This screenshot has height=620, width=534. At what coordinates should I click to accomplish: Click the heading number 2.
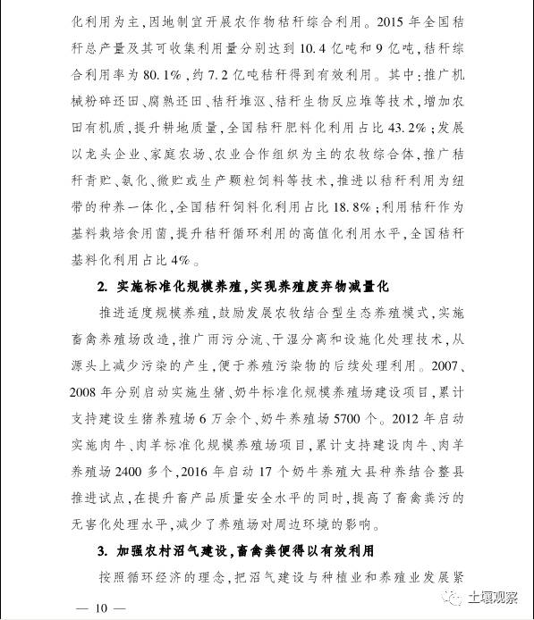click(x=101, y=286)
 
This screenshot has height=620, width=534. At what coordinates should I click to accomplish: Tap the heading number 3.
click(x=101, y=550)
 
